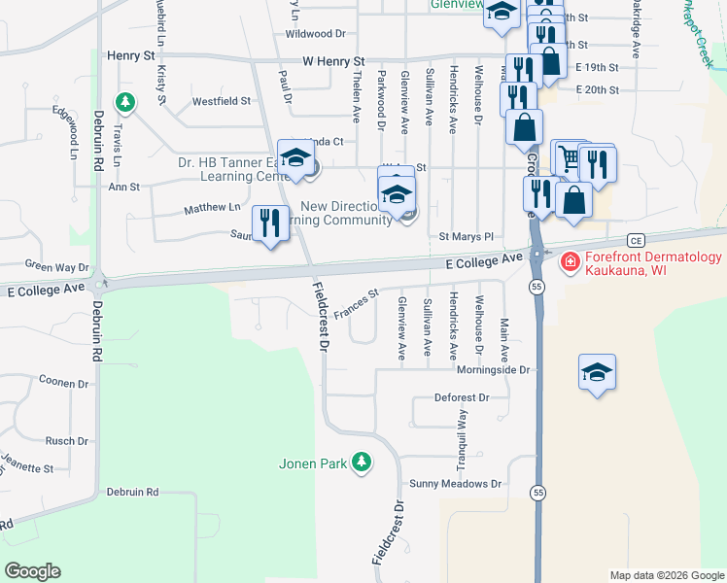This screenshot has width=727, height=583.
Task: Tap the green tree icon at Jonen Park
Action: (x=362, y=462)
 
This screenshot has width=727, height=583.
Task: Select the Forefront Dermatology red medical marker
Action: (x=569, y=261)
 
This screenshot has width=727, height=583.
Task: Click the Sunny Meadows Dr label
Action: (x=455, y=484)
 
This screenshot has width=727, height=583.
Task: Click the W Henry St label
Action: (x=331, y=61)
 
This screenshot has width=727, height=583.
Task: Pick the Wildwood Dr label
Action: (x=315, y=33)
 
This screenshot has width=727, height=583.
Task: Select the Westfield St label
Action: (x=221, y=101)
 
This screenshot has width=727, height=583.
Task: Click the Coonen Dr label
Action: (x=64, y=384)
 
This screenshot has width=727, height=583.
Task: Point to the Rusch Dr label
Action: (x=67, y=441)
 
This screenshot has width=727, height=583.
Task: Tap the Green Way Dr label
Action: (x=56, y=265)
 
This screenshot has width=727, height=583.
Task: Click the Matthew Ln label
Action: (x=212, y=208)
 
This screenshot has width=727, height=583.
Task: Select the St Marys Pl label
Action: (x=467, y=236)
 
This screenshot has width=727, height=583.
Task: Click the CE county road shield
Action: (x=637, y=239)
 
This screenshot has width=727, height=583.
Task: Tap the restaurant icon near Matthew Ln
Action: (x=267, y=223)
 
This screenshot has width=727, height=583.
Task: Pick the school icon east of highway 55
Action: (x=597, y=372)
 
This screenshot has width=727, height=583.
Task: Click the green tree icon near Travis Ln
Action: (x=124, y=101)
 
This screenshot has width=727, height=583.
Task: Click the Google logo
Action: (x=33, y=571)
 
